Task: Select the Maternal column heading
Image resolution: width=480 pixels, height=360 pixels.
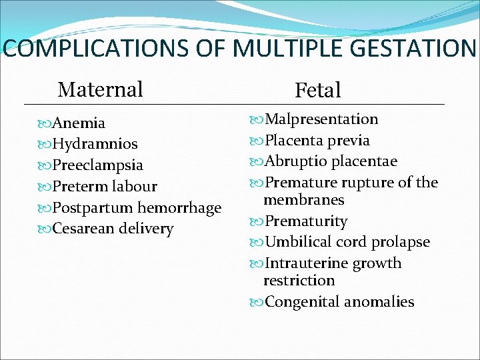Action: click(x=101, y=89)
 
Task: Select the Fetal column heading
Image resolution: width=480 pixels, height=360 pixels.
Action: click(x=317, y=90)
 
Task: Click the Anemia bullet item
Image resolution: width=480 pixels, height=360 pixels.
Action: click(x=79, y=123)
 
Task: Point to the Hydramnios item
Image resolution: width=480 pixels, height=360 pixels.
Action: click(x=95, y=144)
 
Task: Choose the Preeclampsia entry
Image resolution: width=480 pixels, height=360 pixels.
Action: click(x=97, y=165)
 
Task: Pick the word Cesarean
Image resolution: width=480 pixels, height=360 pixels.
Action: click(x=83, y=229)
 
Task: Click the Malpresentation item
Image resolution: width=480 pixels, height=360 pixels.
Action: click(x=321, y=119)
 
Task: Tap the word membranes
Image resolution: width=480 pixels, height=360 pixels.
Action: click(x=303, y=200)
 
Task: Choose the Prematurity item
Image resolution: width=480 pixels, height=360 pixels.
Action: click(x=306, y=221)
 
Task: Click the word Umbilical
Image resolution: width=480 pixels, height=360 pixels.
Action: click(x=297, y=242)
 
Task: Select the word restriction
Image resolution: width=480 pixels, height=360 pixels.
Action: click(x=299, y=281)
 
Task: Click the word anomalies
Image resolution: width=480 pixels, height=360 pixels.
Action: click(x=379, y=302)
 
